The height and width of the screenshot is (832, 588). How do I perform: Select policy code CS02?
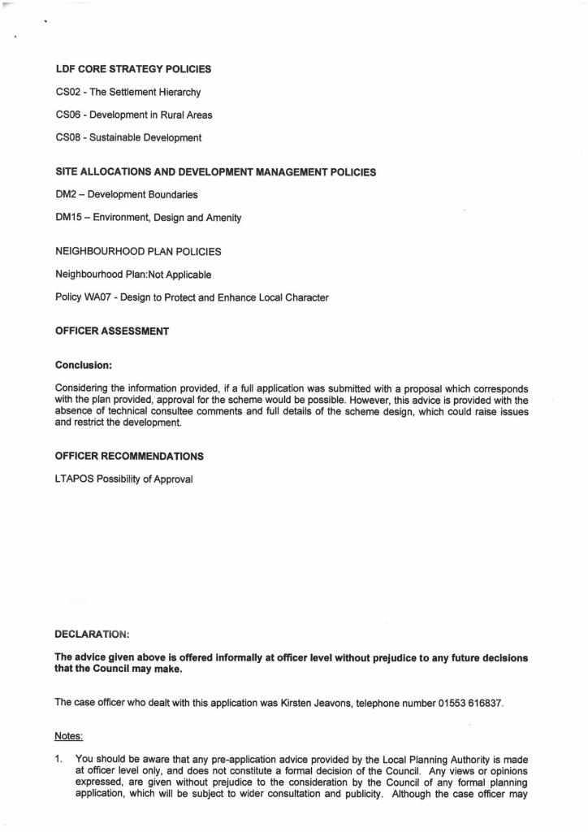pos(67,92)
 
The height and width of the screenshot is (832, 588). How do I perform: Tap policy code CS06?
pos(67,115)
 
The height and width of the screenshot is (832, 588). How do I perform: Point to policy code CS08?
pos(67,137)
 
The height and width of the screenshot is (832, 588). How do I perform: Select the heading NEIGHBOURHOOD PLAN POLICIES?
pos(137,252)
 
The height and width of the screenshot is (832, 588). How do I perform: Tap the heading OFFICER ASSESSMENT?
pos(111,331)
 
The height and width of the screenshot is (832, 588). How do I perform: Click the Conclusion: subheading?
pos(83,365)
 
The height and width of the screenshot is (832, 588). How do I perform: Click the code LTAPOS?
pos(74,479)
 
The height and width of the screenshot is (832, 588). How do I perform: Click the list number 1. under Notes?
pos(58,760)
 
